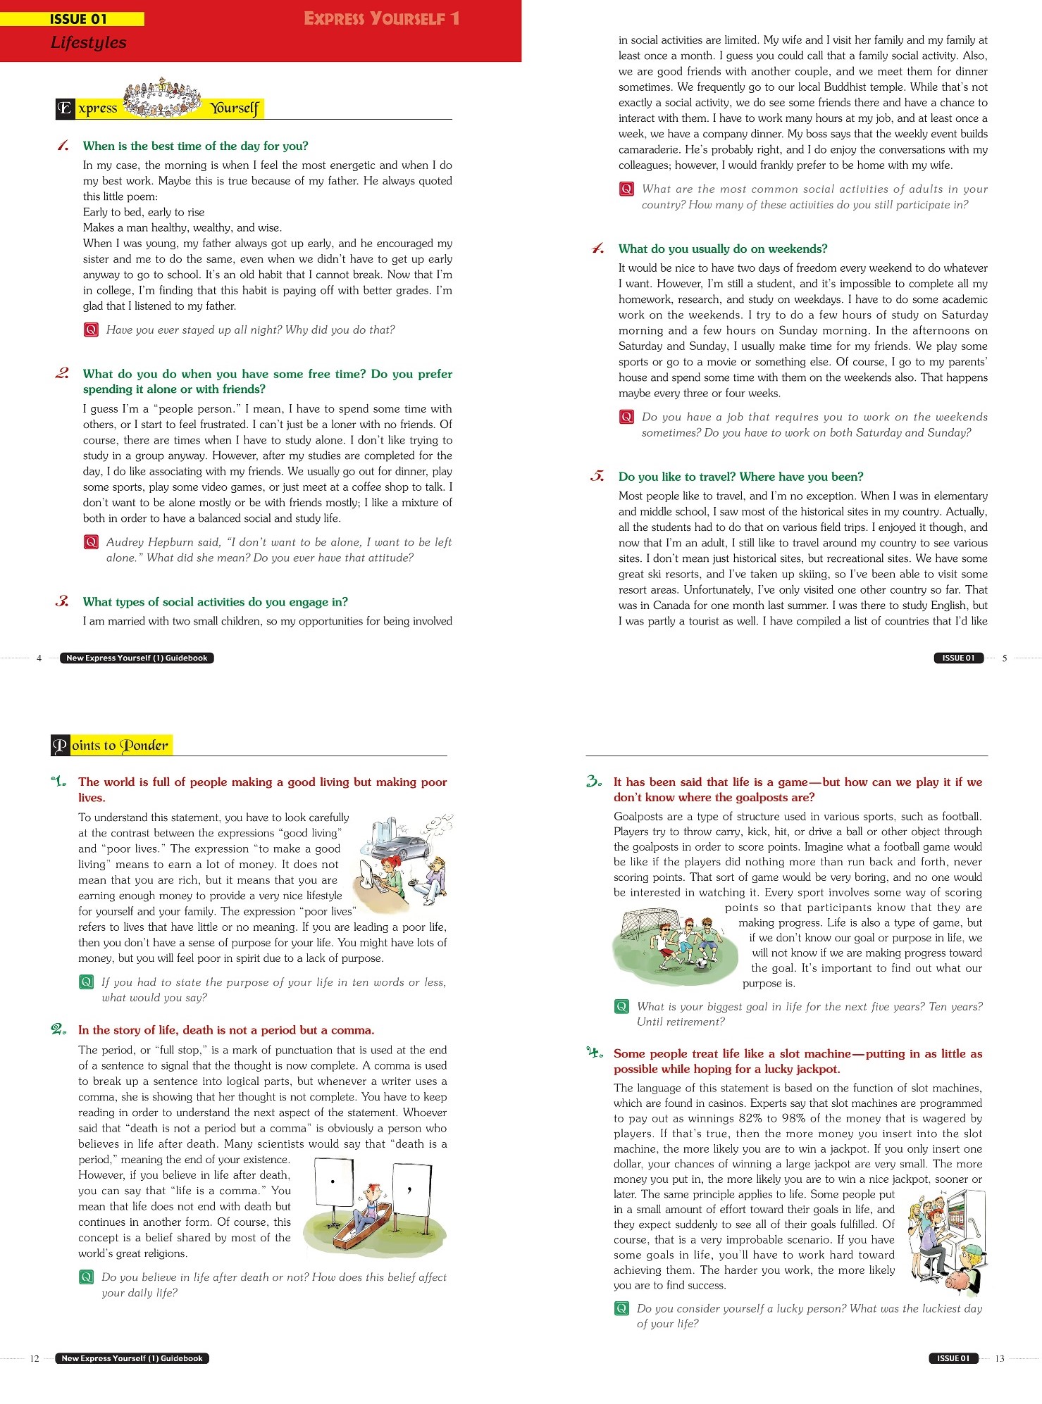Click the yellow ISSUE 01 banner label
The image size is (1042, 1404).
point(77,19)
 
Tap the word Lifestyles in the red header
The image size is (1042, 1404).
point(88,43)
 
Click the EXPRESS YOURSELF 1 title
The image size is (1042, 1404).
point(381,18)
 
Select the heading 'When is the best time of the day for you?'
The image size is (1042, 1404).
point(195,146)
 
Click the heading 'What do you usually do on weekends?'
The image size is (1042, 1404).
point(722,249)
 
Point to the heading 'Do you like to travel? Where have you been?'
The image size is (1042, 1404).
point(740,477)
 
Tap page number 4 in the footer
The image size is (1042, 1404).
point(39,658)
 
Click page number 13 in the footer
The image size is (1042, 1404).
point(999,1358)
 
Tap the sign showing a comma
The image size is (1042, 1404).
point(410,1189)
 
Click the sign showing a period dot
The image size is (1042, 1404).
point(333,1182)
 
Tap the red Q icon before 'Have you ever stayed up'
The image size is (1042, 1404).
point(91,330)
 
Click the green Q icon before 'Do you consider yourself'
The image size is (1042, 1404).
point(621,1308)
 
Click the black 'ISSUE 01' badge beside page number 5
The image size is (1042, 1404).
point(958,658)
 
